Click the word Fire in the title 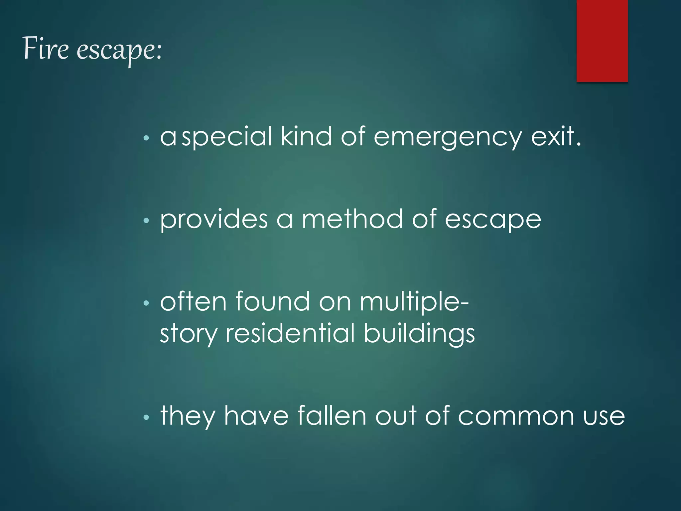[x=46, y=49]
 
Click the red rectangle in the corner [x=602, y=41]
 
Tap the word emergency [x=448, y=137]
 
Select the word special [x=227, y=137]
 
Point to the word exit [x=556, y=137]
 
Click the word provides [x=214, y=220]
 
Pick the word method [x=352, y=220]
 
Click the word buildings [x=419, y=333]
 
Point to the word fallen [x=332, y=416]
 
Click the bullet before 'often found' [x=146, y=303]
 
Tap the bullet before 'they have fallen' [x=146, y=417]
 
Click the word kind [x=306, y=137]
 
